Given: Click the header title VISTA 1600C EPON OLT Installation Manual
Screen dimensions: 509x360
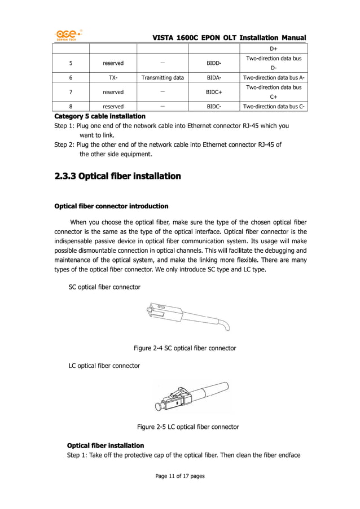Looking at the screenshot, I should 229,37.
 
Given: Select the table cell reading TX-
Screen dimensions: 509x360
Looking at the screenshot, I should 113,78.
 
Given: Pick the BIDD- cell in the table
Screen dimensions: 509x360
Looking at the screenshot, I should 214,63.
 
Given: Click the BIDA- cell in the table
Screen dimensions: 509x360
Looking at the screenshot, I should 214,78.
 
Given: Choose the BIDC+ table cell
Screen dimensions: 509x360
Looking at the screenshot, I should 214,92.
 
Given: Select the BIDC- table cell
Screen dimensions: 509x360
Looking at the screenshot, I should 214,106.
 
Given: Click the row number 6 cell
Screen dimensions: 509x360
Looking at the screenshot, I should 71,78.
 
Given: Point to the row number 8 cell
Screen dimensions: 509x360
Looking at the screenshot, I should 71,106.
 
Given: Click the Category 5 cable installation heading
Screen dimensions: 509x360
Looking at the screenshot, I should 99,116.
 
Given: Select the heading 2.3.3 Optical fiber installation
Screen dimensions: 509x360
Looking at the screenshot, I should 117,177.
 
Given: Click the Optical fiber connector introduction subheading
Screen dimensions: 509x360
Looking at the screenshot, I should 111,205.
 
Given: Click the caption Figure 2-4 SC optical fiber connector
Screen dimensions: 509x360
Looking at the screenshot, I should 185,348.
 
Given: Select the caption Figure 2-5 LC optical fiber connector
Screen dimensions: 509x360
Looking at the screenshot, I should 188,427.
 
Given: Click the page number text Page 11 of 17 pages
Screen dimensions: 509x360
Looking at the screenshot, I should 180,476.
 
